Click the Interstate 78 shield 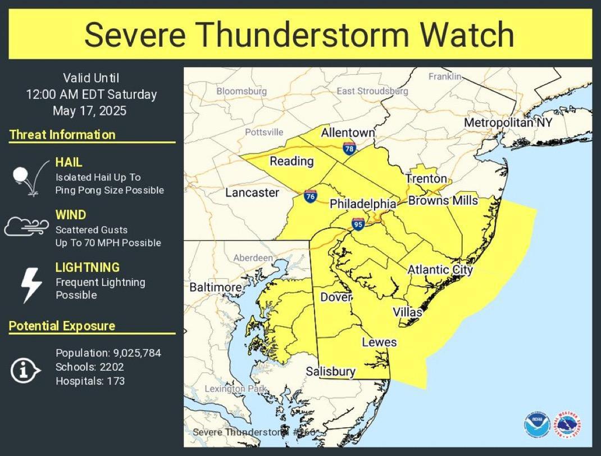(349, 148)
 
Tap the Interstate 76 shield (310, 196)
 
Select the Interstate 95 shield (357, 224)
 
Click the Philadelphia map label (363, 204)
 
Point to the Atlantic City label (440, 269)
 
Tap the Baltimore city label (215, 287)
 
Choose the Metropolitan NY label (508, 123)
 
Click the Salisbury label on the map (330, 371)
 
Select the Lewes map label (379, 342)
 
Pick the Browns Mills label (443, 200)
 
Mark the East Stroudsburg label (372, 91)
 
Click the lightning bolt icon (30, 285)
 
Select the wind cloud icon (27, 226)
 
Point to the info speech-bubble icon (26, 370)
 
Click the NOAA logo (536, 425)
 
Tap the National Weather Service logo (567, 425)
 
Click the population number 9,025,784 (136, 353)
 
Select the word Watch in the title (467, 34)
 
